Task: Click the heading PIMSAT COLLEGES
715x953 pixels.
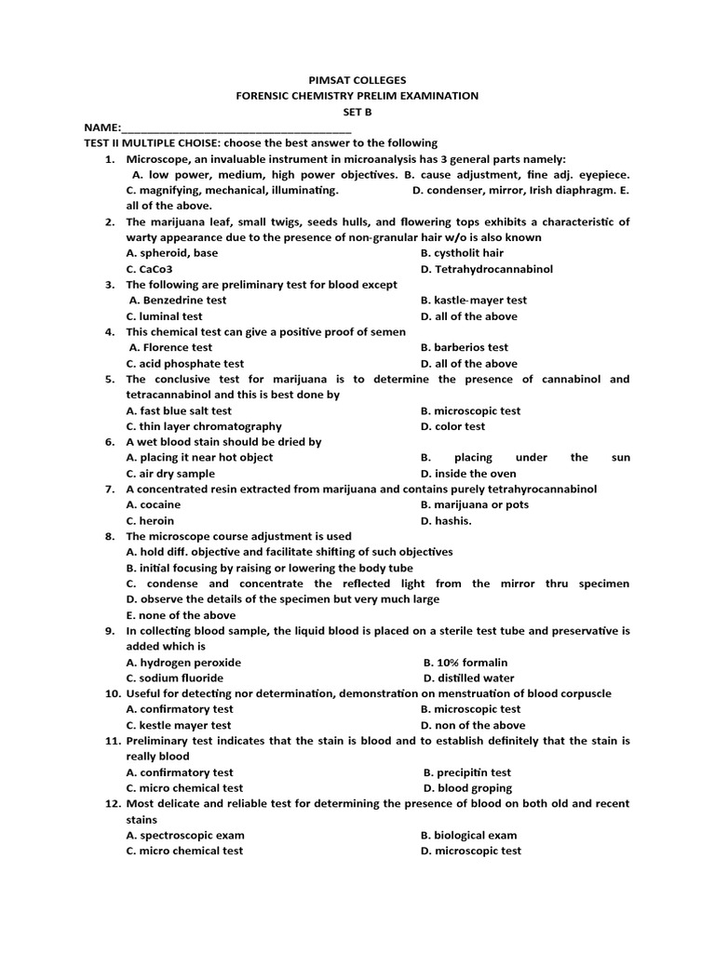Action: (357, 80)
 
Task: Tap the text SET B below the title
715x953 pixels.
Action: (357, 111)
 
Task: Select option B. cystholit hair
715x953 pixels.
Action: (462, 253)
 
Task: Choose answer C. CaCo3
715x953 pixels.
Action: (150, 269)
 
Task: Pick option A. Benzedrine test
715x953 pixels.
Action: (178, 301)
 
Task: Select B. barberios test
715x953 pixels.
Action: (465, 348)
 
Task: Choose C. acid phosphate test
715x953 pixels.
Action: (185, 364)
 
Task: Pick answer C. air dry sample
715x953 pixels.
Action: (170, 474)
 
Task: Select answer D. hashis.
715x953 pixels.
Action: (446, 521)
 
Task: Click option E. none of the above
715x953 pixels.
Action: (181, 615)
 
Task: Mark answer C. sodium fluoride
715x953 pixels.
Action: (175, 678)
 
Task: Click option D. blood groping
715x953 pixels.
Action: (466, 788)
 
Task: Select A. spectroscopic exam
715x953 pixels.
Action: (185, 836)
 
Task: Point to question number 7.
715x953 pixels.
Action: (109, 490)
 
